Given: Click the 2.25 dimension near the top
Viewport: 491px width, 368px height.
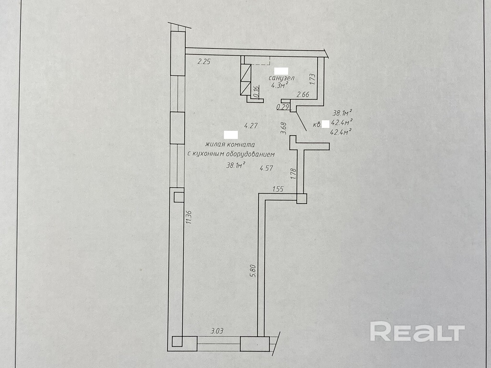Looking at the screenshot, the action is [204, 61].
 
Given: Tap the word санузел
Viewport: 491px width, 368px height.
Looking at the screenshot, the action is [281, 78].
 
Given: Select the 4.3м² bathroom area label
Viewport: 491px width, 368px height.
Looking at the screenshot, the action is [280, 86].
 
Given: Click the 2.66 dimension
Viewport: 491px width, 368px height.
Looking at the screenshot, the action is [303, 95].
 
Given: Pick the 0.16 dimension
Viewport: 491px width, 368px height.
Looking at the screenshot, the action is [256, 91].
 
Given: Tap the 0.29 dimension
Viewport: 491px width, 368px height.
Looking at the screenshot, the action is [283, 107].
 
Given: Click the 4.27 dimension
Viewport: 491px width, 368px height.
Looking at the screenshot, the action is [251, 126].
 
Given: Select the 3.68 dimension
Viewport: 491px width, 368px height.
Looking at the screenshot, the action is [283, 128].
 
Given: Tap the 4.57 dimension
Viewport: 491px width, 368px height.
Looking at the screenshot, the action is [266, 168].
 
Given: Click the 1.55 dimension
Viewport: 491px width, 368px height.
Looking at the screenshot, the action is [278, 189].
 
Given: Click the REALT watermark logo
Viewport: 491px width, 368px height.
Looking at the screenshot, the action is [417, 332].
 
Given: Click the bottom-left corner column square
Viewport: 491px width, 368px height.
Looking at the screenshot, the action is [177, 341].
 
